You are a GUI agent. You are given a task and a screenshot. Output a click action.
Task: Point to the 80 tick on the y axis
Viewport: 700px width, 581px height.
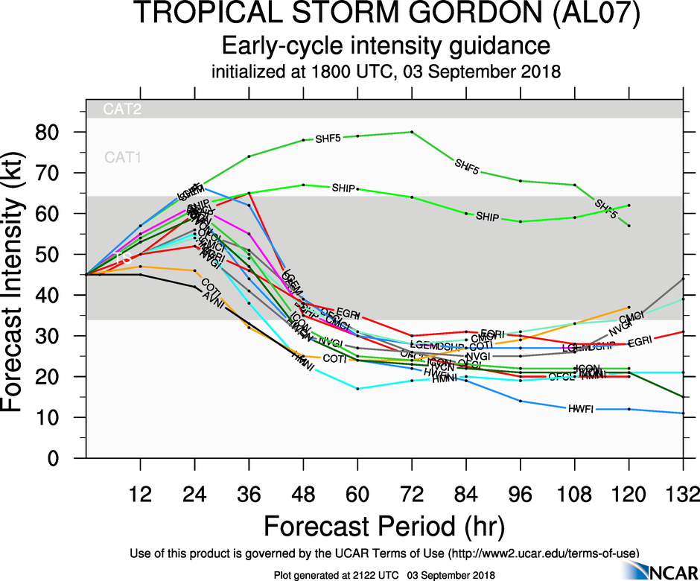click(58, 133)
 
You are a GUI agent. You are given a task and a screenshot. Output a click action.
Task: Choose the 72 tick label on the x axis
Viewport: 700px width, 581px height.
click(412, 495)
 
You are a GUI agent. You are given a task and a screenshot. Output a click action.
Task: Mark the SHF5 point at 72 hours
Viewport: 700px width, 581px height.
click(412, 132)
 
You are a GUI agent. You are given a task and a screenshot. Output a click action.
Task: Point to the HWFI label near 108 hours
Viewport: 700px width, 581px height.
click(581, 409)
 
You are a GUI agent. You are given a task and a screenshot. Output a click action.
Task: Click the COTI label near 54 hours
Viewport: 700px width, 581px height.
click(334, 358)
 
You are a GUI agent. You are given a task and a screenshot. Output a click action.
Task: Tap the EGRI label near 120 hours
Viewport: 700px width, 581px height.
click(640, 342)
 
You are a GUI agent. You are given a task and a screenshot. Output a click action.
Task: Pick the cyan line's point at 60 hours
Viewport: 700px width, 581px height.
click(357, 389)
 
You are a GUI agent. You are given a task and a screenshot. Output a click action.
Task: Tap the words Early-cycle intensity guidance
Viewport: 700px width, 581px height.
click(385, 47)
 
